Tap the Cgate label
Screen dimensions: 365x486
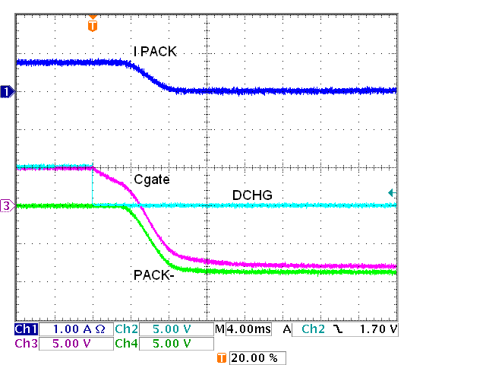[151, 179]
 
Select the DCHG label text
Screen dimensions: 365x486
[251, 195]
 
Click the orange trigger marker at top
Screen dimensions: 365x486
[93, 25]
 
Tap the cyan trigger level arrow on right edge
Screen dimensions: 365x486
[391, 193]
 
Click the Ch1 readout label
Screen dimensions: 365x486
[26, 329]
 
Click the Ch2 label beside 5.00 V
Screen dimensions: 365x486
[126, 329]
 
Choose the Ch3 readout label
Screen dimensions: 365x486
[26, 344]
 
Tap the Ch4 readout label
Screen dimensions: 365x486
[126, 344]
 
